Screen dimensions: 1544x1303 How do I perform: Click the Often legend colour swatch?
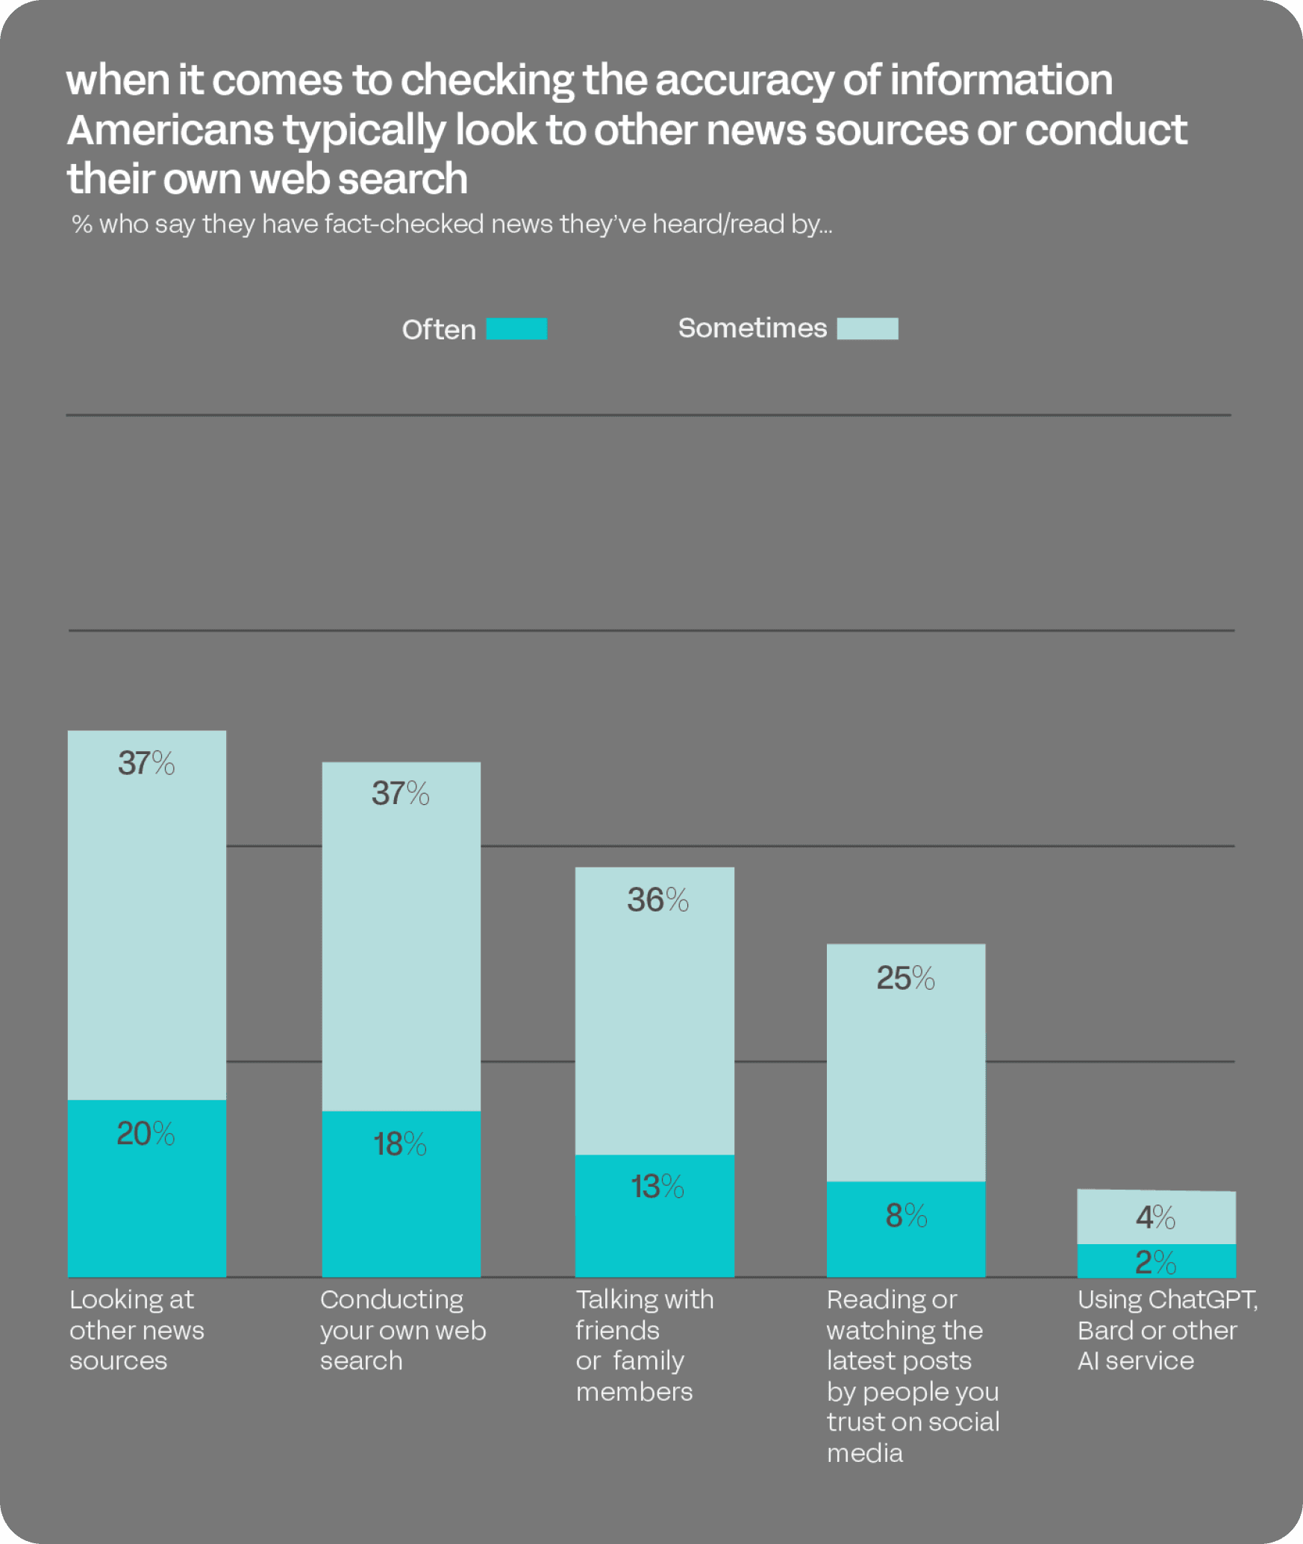[516, 329]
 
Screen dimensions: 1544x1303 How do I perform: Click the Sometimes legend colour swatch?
[867, 329]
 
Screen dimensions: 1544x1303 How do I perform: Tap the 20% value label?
[146, 1134]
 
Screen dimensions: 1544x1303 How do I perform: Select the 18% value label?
[400, 1144]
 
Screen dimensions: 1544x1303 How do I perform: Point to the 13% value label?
[657, 1187]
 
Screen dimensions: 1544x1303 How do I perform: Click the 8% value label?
[906, 1216]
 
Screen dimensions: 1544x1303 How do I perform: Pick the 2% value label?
[1155, 1263]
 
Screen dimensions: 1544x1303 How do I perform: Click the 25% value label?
[905, 978]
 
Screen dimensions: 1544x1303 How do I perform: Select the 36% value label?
[657, 900]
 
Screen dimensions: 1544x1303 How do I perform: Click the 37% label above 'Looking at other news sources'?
[146, 763]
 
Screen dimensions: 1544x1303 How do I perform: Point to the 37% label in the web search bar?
[401, 794]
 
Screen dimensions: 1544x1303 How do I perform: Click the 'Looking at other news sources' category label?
[137, 1331]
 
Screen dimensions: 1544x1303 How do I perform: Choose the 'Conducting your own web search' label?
[403, 1331]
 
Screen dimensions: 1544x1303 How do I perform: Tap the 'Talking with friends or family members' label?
[644, 1346]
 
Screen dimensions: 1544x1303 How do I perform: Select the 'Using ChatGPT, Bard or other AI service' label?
[1167, 1331]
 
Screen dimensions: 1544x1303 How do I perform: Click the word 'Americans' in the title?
[170, 131]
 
